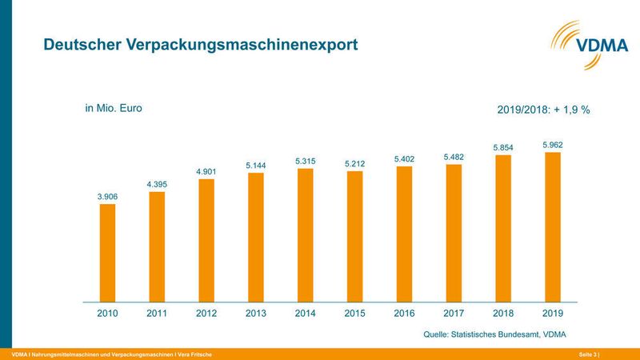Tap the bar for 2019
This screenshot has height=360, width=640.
point(552,227)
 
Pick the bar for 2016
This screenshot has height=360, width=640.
point(404,234)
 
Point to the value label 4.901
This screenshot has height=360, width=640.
point(206,170)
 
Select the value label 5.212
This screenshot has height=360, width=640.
point(354,163)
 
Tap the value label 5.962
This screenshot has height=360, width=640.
point(552,145)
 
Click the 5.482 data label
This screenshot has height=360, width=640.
point(454,157)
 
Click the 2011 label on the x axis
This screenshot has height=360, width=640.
point(157,314)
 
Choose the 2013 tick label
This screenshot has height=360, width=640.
point(255,314)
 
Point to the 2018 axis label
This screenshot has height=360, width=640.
point(502,314)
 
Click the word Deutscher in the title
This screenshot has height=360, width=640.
point(82,46)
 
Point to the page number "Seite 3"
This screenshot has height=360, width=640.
point(588,354)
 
